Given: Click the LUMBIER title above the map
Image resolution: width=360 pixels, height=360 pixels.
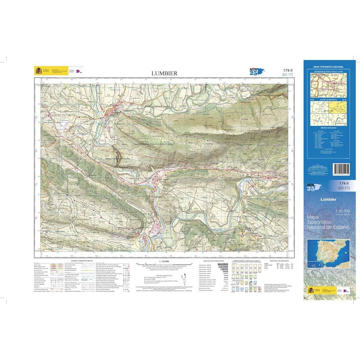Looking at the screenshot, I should click(164, 73).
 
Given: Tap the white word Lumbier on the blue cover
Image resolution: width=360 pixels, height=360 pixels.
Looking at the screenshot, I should click(328, 199).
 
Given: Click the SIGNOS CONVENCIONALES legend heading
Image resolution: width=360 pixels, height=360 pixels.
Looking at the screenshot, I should click(80, 261).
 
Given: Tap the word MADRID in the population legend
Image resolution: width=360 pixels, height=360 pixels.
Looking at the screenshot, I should click(222, 265).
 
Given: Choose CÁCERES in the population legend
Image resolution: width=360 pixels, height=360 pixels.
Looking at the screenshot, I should click(222, 267).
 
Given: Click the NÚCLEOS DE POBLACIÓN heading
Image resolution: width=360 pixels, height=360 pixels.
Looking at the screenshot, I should click(213, 261).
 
